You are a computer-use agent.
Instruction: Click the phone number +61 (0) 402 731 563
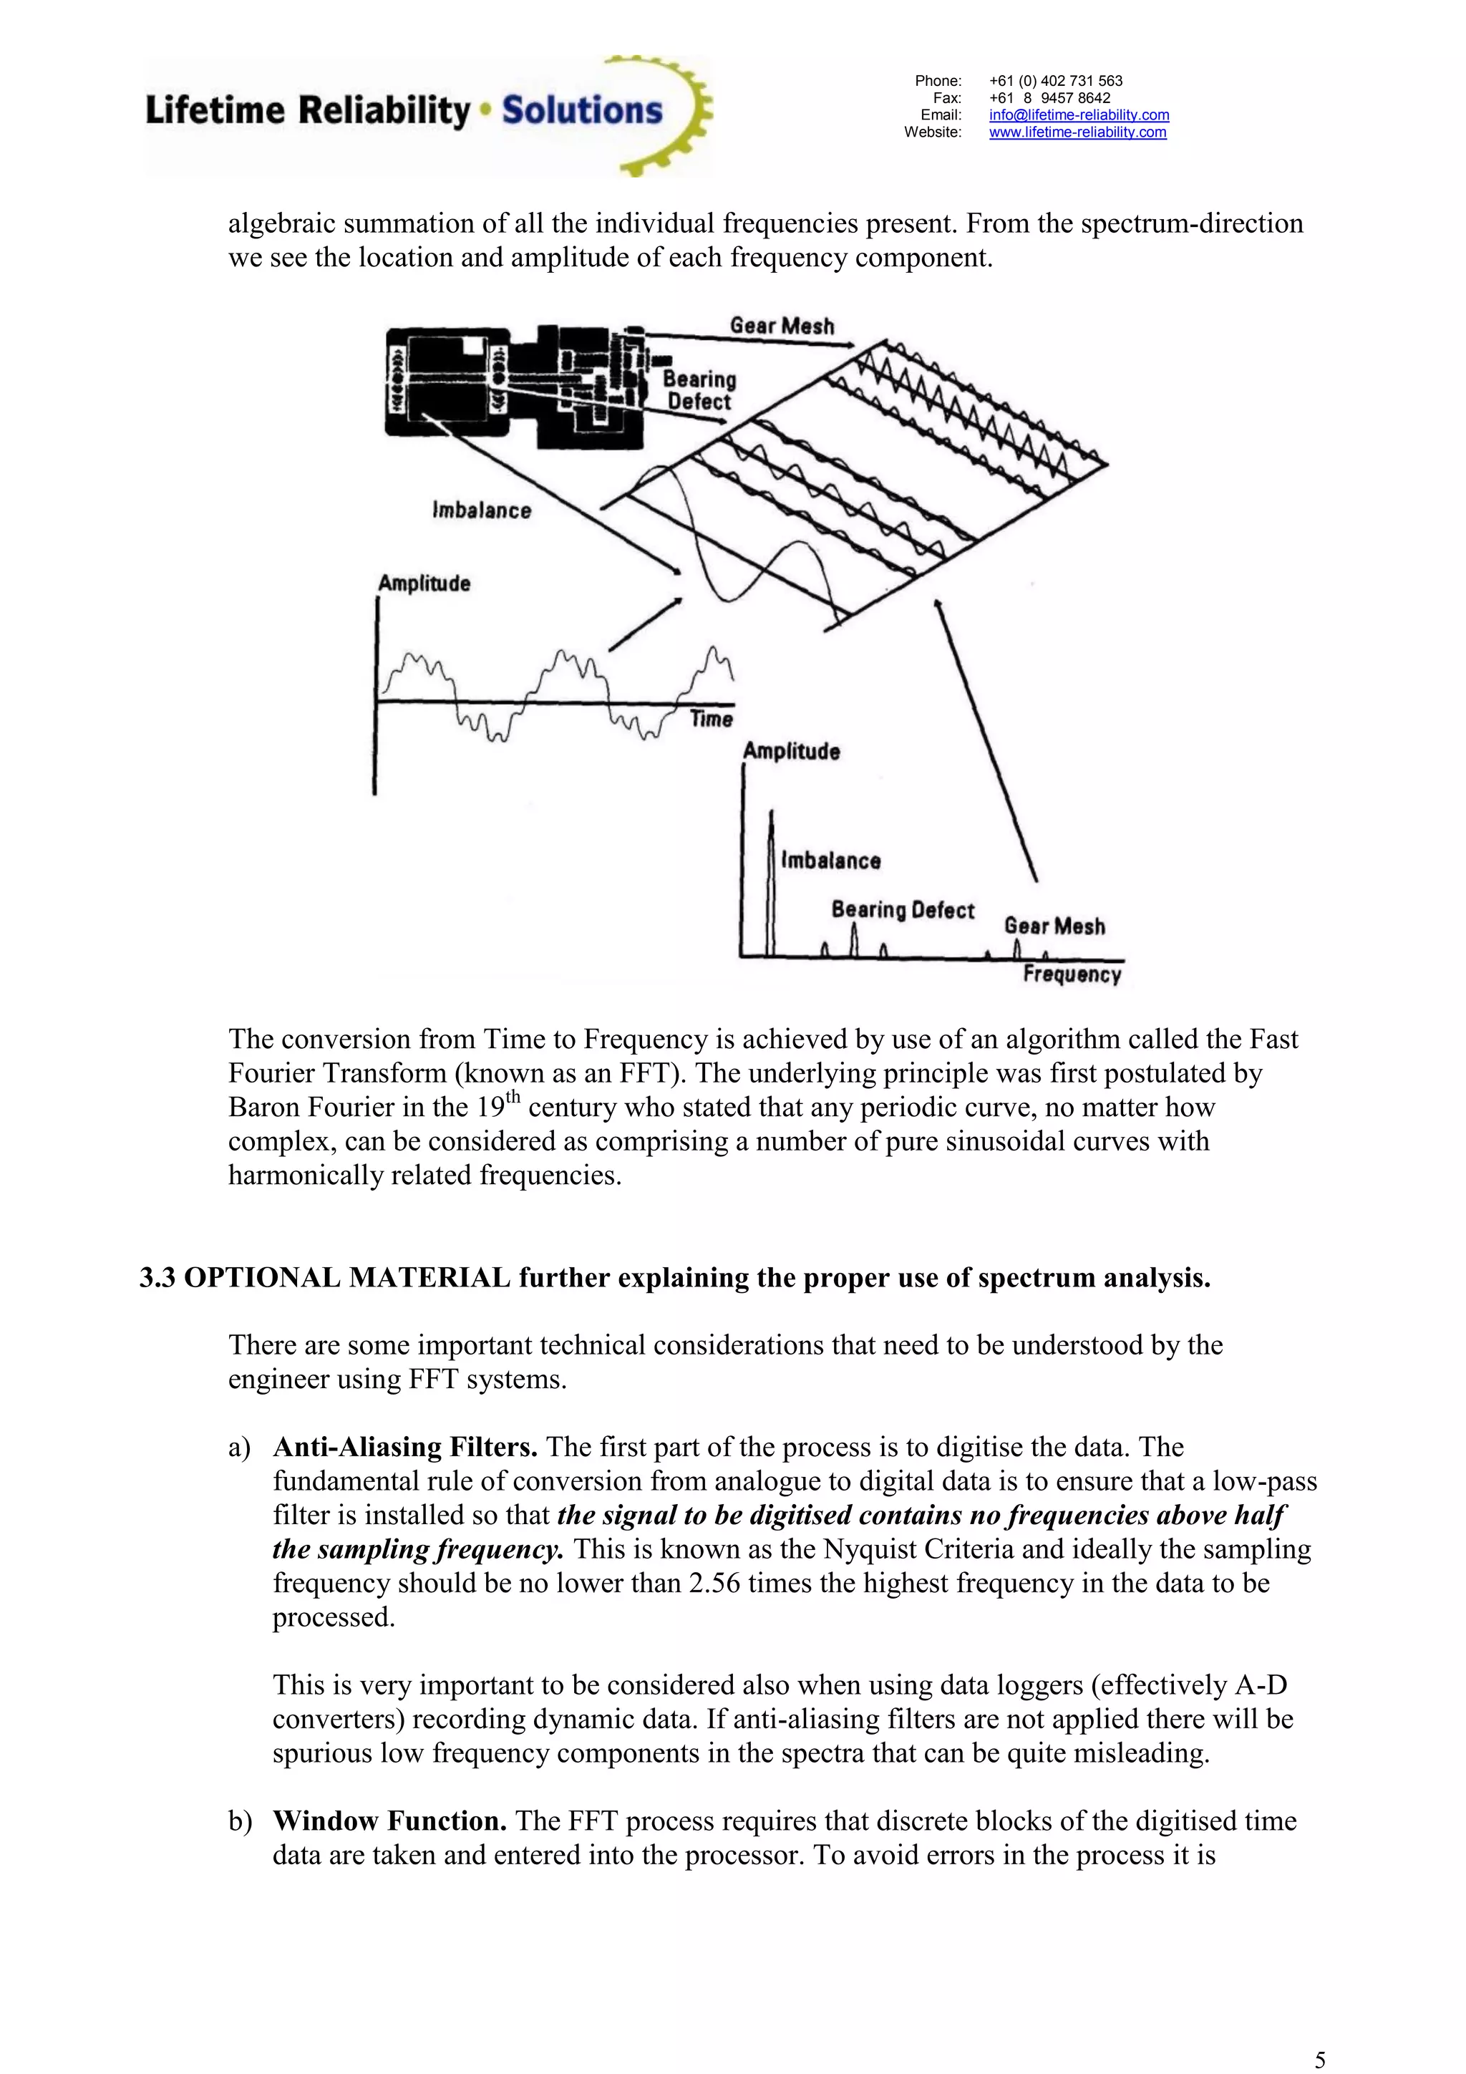click(x=1055, y=80)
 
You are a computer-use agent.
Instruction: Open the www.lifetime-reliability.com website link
click(x=1077, y=132)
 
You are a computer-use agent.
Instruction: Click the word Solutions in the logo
click(x=582, y=110)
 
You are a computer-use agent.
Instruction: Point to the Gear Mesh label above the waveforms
click(x=782, y=326)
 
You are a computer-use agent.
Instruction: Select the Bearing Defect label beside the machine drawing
click(x=700, y=391)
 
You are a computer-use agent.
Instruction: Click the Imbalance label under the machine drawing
click(x=482, y=510)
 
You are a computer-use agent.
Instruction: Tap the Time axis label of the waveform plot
click(x=711, y=719)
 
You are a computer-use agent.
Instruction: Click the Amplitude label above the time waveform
click(x=424, y=583)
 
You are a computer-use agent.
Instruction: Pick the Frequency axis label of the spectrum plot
click(x=1072, y=974)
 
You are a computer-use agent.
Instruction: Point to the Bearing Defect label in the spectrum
click(x=903, y=910)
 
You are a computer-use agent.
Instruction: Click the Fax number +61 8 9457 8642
click(x=1049, y=97)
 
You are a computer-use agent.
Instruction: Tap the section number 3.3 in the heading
click(x=157, y=1278)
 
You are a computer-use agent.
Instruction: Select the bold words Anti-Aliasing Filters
click(x=404, y=1447)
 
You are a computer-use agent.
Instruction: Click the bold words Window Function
click(x=389, y=1821)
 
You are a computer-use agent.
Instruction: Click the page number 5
click(x=1320, y=2060)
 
